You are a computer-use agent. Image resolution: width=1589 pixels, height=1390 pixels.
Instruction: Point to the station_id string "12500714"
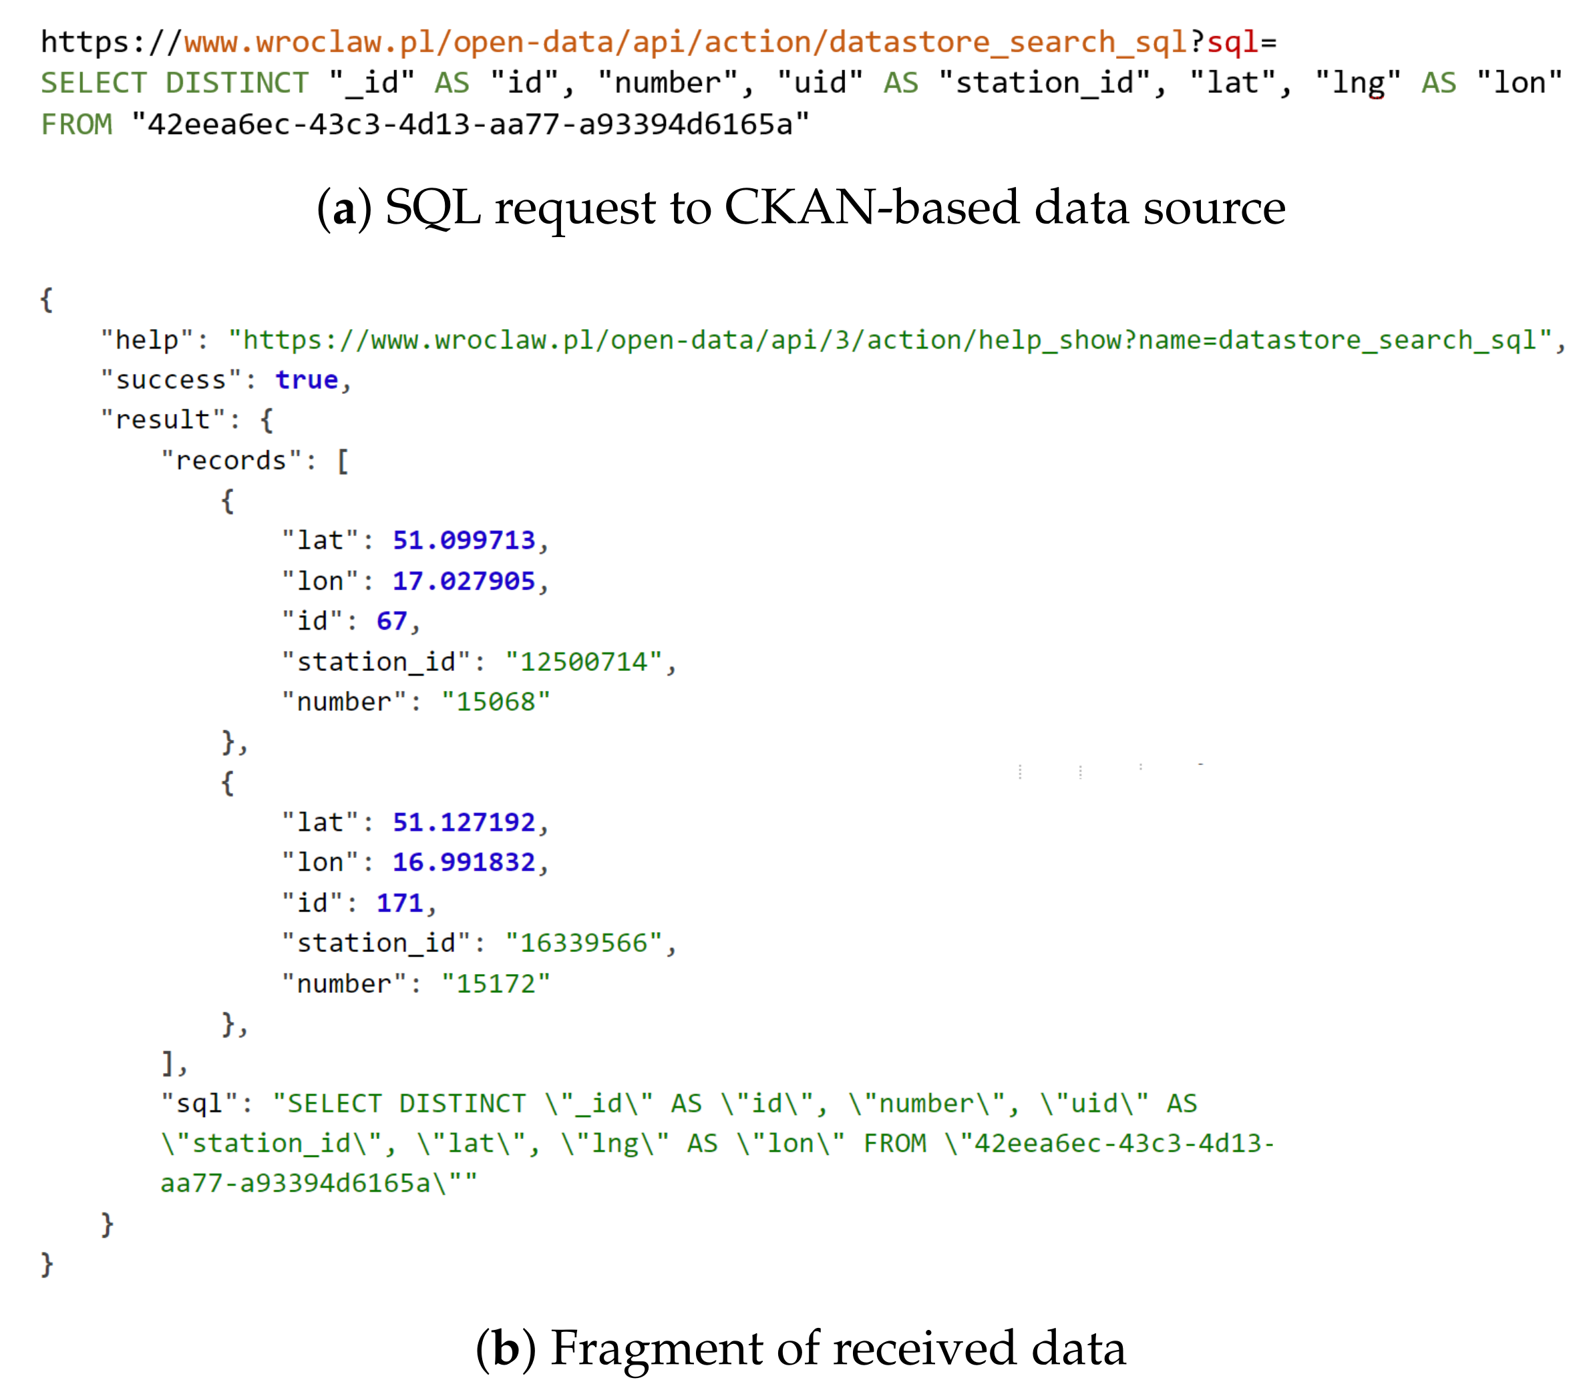coord(584,661)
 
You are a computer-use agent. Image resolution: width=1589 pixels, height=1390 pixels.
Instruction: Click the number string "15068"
coord(496,701)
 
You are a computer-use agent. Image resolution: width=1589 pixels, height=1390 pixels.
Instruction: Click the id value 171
coord(399,902)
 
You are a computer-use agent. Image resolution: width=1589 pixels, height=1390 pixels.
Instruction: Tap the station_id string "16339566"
coord(584,943)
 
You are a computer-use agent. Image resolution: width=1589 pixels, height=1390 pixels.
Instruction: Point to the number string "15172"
coord(496,983)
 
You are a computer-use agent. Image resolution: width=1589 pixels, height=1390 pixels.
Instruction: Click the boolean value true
coord(307,379)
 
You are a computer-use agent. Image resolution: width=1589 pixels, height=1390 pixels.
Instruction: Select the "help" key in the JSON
coord(147,339)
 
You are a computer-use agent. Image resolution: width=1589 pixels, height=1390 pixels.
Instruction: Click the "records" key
coord(230,460)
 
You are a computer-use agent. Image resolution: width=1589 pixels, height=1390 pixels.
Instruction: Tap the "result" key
coord(163,420)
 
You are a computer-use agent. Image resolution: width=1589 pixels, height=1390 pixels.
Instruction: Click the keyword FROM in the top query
coord(76,124)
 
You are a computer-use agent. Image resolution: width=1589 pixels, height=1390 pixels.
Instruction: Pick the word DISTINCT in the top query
coord(236,83)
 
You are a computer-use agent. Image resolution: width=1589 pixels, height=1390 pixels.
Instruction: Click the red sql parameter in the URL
coord(1232,42)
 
